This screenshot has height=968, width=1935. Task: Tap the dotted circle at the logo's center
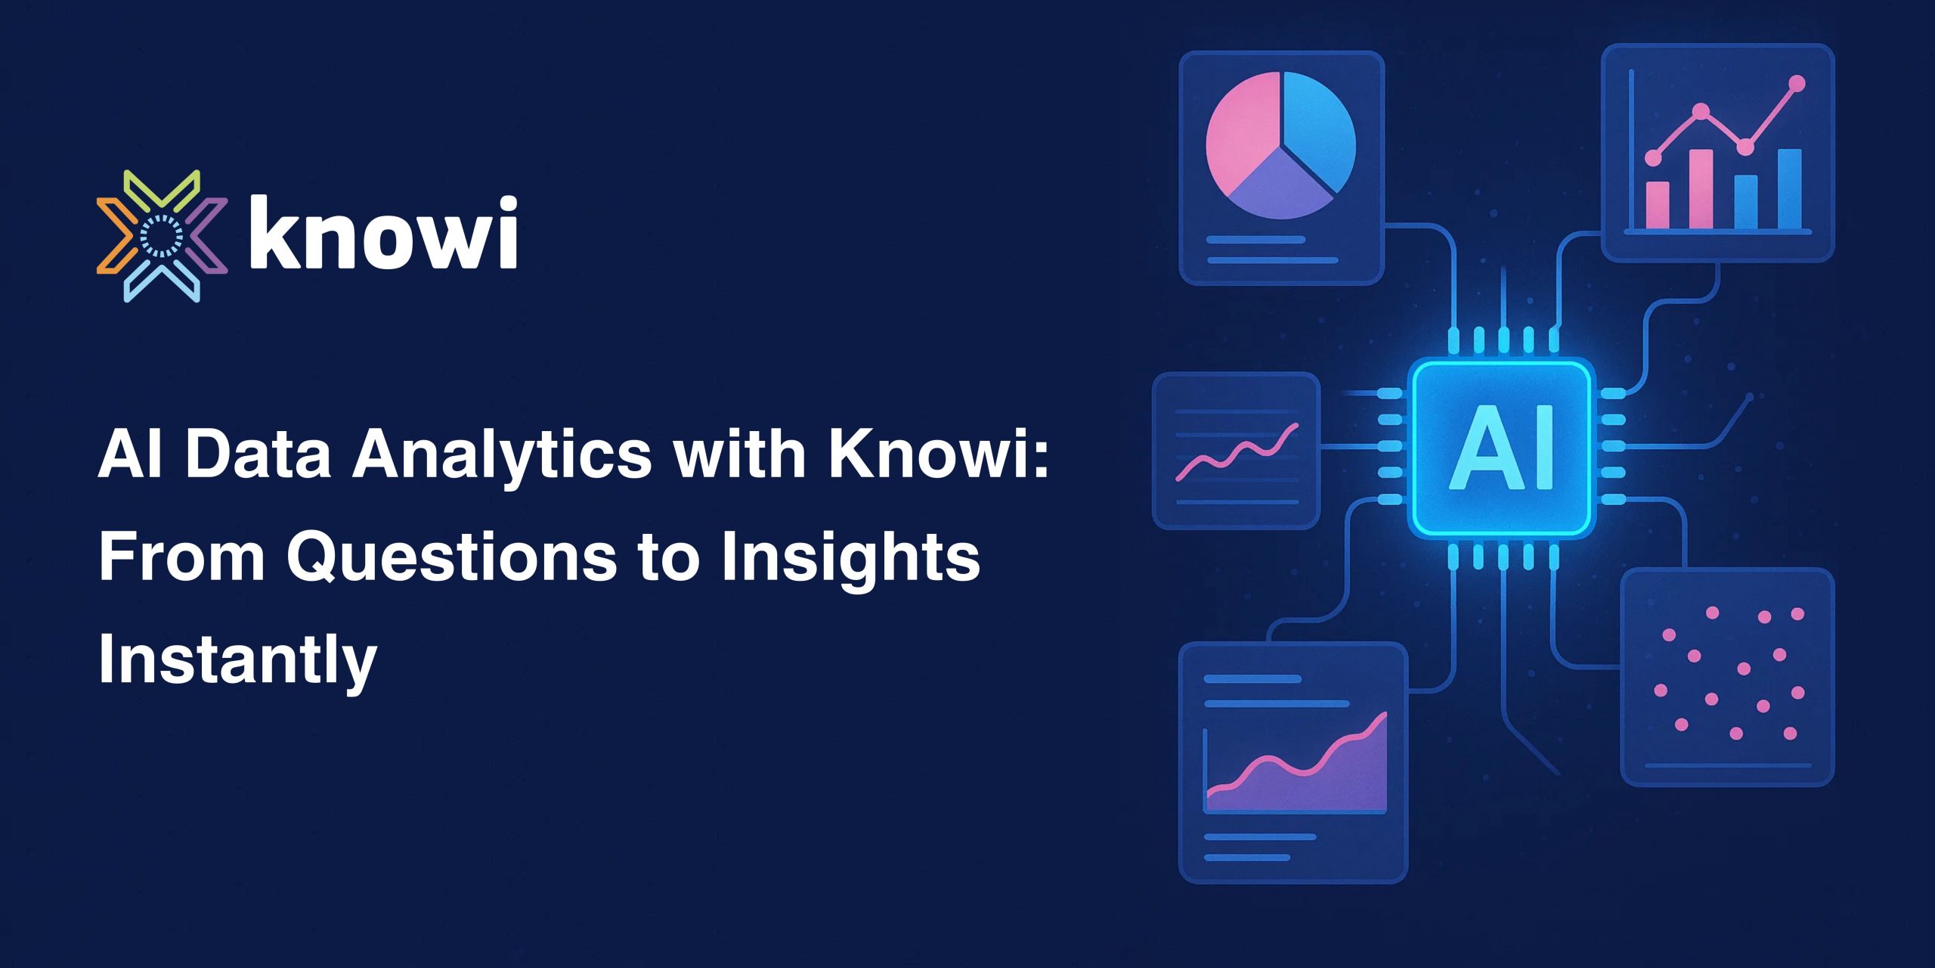coord(161,235)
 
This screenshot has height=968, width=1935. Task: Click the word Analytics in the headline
coord(502,455)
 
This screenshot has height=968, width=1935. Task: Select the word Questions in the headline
coord(451,558)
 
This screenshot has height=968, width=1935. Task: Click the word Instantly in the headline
coord(237,660)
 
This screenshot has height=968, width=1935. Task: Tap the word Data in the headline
coord(258,455)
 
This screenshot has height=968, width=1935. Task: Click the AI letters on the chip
coord(1502,448)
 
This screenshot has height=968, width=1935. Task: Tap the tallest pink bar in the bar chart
coord(1701,188)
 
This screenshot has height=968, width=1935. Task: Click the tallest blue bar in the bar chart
coord(1788,188)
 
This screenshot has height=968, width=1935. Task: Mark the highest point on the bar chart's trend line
coord(1797,84)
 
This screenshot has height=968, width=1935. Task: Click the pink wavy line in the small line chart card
coord(1237,455)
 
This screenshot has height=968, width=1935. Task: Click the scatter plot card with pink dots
coord(1727,677)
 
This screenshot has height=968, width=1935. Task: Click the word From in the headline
coord(181,558)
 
